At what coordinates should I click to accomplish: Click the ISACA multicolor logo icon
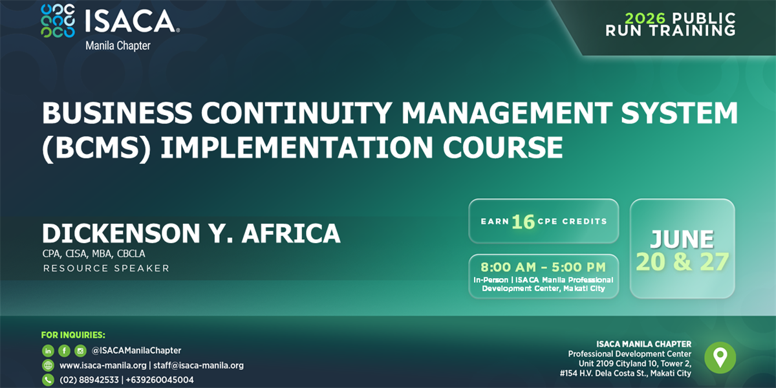coord(58,21)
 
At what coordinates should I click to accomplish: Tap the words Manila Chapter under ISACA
coord(118,46)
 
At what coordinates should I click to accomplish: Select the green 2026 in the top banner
coord(645,18)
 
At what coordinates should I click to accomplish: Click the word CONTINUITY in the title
coord(297,113)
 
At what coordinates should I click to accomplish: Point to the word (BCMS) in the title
coord(96,147)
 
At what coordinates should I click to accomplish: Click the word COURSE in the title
coord(502,147)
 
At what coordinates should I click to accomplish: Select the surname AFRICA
coord(291,233)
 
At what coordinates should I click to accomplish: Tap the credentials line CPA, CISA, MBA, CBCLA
coord(94,254)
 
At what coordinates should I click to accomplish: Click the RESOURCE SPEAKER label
coord(106,268)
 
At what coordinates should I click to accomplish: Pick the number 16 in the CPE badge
coord(523,222)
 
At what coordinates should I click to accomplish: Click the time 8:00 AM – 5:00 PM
coord(543,267)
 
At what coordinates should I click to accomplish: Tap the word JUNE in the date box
coord(682,239)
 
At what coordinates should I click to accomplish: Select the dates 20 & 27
coord(682,261)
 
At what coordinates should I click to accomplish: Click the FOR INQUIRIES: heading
coord(73,335)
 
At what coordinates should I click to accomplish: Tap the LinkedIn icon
coord(48,351)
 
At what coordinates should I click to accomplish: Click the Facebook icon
coord(64,351)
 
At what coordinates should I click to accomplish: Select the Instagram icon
coord(80,351)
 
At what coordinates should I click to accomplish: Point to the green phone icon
coord(48,380)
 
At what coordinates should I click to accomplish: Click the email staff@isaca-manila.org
coord(199,365)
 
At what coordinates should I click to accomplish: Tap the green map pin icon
coord(720,358)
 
